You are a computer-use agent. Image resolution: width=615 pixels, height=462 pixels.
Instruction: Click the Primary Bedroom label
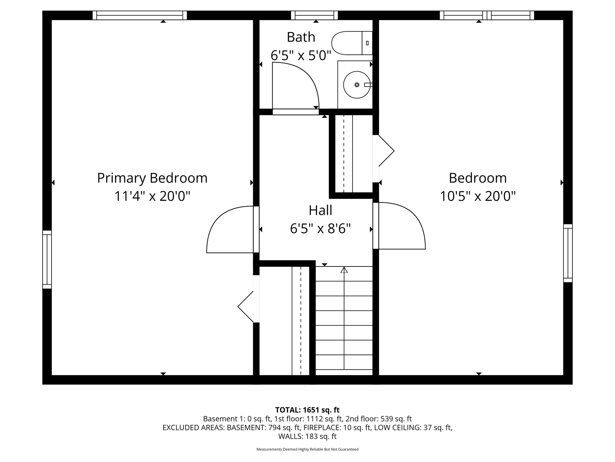152,178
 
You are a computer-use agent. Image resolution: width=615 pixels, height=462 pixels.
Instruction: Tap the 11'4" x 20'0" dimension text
152,196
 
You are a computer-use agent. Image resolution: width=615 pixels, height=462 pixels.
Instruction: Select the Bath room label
301,37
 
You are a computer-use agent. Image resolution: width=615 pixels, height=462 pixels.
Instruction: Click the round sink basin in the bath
357,85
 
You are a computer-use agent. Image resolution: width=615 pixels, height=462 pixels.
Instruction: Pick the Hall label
320,210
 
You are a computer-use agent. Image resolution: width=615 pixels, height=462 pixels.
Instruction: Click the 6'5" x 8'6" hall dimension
320,229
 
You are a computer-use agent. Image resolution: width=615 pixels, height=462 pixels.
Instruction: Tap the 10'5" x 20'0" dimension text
477,196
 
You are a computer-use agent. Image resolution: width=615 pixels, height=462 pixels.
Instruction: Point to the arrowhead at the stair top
344,270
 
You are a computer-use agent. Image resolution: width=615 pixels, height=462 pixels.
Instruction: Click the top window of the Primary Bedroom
140,15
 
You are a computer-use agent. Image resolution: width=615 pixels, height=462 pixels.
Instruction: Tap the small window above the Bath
314,15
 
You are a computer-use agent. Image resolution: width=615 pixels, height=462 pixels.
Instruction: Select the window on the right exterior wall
568,253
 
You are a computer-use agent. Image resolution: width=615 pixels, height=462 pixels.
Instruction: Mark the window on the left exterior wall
47,260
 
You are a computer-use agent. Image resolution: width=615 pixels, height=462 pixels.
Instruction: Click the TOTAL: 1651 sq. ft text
307,410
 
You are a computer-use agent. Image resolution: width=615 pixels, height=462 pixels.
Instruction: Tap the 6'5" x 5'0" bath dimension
301,56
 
